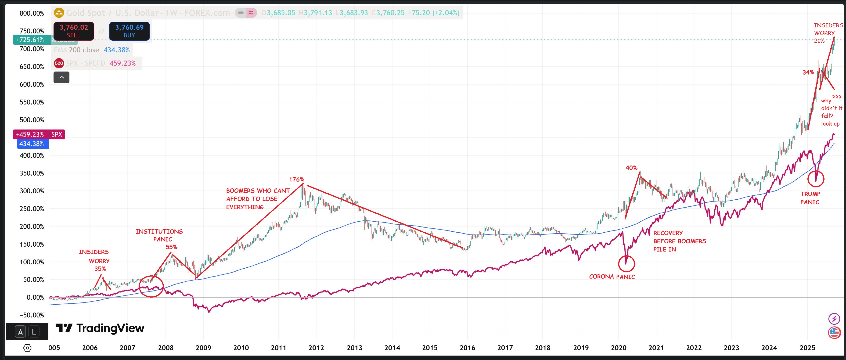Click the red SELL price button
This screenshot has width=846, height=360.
[74, 31]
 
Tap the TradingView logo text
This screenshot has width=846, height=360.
[100, 328]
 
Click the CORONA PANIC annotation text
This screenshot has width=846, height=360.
[612, 277]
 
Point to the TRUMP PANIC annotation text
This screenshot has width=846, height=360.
[810, 198]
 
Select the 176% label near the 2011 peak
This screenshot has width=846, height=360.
[297, 179]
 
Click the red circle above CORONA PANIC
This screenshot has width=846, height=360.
[626, 263]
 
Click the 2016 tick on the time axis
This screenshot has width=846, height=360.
[467, 348]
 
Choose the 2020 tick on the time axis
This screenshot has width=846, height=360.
[618, 348]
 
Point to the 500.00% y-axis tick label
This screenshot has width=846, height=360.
[32, 120]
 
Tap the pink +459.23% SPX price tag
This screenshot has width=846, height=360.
[31, 134]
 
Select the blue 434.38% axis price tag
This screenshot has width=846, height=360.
[32, 144]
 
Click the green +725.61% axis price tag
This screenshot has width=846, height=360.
[30, 40]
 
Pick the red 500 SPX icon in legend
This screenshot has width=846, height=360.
[59, 63]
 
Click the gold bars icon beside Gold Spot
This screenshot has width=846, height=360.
[59, 13]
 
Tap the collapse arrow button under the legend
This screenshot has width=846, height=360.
[61, 78]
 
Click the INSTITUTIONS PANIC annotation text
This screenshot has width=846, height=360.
[159, 235]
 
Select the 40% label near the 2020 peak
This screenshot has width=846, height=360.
[631, 168]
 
